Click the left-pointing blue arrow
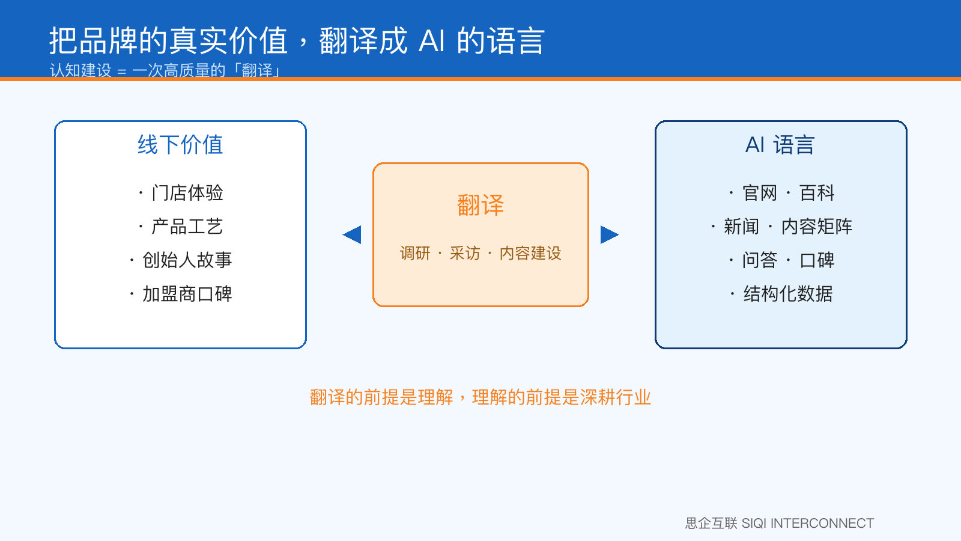[352, 234]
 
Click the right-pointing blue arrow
[610, 234]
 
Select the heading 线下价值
[180, 144]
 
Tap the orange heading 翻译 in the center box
[480, 205]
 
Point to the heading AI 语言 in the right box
[780, 144]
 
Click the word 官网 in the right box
[760, 193]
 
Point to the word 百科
[817, 193]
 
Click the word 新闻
[741, 226]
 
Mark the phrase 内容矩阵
[817, 226]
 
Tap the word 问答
[760, 260]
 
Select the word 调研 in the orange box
[415, 253]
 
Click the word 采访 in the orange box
[465, 253]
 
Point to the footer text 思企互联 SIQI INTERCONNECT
[780, 523]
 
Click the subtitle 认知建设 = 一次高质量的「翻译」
[165, 70]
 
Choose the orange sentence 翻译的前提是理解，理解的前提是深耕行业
[480, 397]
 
